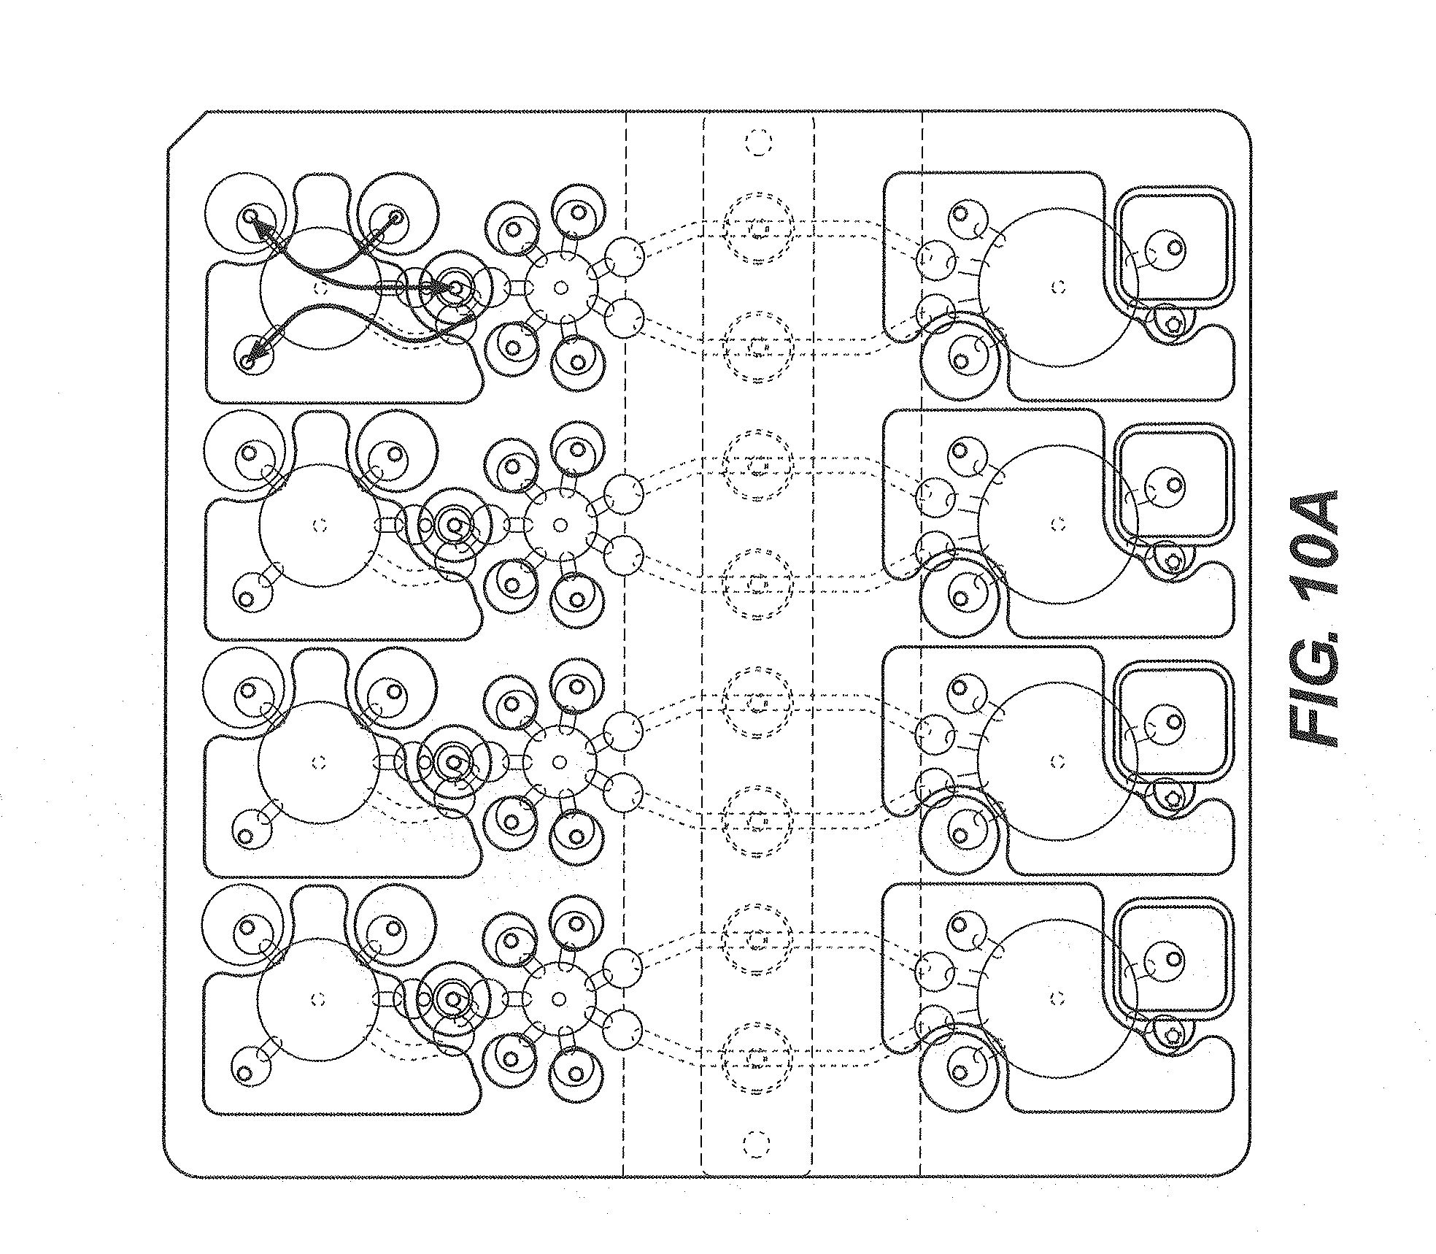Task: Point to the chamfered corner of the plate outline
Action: (187, 131)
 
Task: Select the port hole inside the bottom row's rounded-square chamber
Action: (1173, 958)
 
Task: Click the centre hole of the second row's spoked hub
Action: (560, 525)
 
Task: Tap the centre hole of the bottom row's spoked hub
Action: (560, 999)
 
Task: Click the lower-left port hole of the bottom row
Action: (245, 1074)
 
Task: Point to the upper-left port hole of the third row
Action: (247, 690)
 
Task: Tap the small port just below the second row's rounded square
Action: (1173, 562)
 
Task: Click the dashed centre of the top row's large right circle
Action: (1059, 288)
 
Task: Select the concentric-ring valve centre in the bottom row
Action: (453, 999)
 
